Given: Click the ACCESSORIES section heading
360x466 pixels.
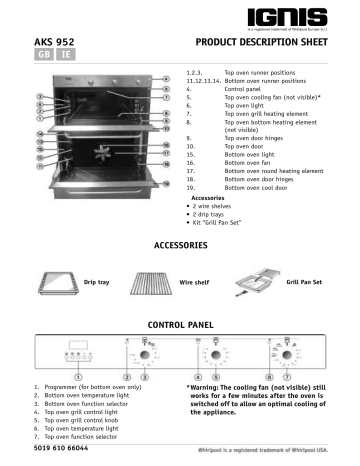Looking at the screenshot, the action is point(179,245).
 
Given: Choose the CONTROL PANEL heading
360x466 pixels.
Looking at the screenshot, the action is point(180,327).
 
